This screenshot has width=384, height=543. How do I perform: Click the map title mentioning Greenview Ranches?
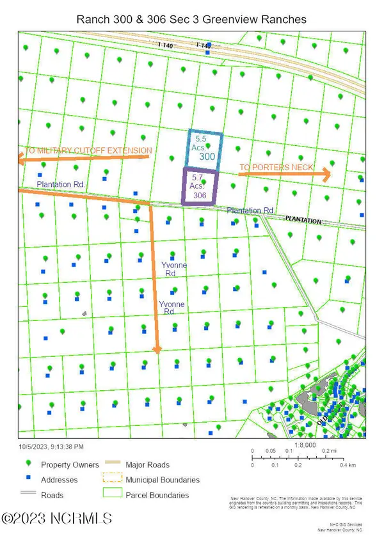click(x=191, y=19)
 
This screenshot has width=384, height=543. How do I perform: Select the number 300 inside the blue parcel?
click(x=207, y=156)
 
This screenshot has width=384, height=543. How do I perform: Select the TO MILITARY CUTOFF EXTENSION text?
click(x=88, y=151)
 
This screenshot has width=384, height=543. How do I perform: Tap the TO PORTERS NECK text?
click(x=276, y=168)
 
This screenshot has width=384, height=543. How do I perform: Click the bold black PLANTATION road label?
click(x=303, y=220)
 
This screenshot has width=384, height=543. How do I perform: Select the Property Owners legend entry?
click(x=70, y=464)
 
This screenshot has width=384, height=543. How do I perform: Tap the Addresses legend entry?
click(x=59, y=480)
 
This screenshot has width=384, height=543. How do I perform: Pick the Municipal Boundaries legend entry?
click(x=163, y=480)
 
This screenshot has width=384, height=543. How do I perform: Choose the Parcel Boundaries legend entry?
click(x=157, y=495)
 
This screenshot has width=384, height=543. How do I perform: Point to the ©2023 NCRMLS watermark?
click(x=58, y=519)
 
